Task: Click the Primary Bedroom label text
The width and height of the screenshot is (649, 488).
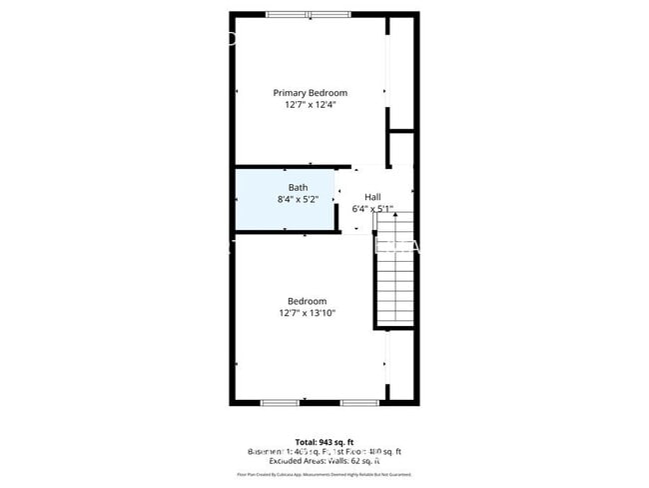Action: click(311, 92)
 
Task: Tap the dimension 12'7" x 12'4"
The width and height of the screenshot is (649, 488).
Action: click(311, 104)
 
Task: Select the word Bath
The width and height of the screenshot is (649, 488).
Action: click(298, 187)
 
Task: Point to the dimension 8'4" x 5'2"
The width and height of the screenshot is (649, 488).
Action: click(298, 199)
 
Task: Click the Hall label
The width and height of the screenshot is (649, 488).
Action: click(372, 197)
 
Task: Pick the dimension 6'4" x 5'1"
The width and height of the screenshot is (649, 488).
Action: click(372, 209)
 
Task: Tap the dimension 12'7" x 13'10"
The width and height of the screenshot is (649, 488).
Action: click(308, 313)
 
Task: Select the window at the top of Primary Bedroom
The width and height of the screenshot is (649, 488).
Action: click(308, 14)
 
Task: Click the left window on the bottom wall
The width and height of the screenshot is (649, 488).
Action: click(279, 402)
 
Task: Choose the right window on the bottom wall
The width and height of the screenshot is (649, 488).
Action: click(358, 402)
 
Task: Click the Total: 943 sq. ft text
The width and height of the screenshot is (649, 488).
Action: click(324, 442)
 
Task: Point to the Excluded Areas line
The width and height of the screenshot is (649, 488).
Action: click(324, 461)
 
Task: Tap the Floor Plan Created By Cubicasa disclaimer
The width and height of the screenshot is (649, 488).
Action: click(324, 475)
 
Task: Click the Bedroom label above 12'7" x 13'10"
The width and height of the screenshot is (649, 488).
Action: click(308, 301)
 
